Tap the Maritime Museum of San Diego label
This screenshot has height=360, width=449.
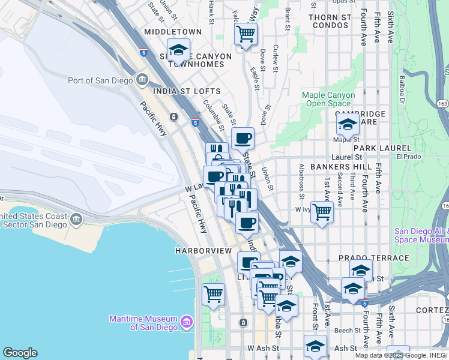point(143,323)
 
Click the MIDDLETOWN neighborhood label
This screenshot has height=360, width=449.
point(173,31)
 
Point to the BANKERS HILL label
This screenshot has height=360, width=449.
point(334,166)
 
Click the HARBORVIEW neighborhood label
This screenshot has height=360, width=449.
point(203,250)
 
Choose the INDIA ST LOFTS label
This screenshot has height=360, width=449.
point(187,91)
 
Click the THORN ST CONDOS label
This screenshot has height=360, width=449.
point(330,22)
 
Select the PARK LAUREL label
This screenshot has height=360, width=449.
point(382,148)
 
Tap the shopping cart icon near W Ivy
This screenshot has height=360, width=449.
point(322,211)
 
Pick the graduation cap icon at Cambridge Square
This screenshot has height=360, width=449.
point(348,124)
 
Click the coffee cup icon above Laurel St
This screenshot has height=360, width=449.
point(243,139)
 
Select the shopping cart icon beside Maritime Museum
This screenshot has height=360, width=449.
point(213,293)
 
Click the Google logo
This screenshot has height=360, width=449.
point(20,353)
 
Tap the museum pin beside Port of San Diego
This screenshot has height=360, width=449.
point(143,79)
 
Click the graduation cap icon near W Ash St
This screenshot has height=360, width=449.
point(315,346)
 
